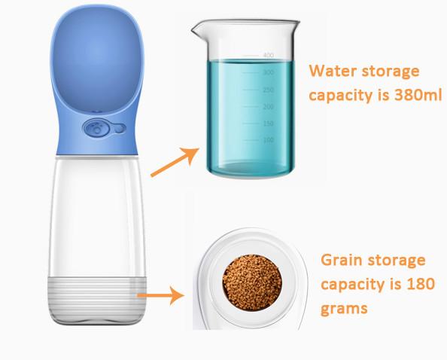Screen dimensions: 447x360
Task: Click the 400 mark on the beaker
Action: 268,55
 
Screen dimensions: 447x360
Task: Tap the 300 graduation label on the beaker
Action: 268,72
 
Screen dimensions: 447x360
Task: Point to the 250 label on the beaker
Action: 268,90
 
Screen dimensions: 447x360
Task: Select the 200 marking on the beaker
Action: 268,107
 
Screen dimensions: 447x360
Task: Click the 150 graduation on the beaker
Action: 268,124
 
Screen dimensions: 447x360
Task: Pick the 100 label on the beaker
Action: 268,140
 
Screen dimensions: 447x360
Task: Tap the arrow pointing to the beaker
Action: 175,162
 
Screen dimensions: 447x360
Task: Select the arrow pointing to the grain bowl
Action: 160,295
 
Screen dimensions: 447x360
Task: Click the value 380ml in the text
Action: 418,95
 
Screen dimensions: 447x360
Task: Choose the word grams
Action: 344,308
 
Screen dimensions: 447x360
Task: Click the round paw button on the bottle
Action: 96,128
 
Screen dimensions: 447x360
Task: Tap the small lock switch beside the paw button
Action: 120,129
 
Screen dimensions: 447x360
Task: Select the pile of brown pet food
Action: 252,282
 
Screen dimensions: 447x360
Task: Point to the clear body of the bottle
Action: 97,217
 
